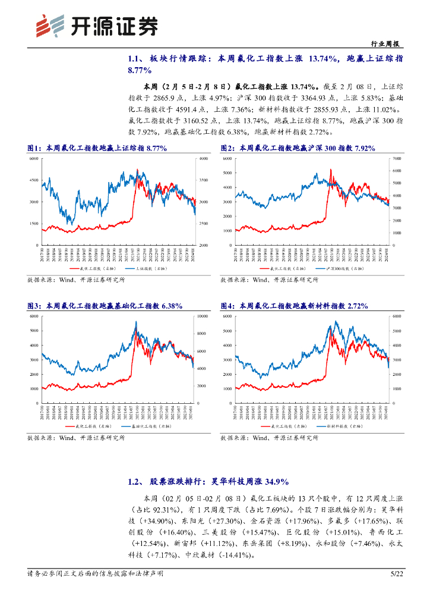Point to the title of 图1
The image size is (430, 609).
point(97,148)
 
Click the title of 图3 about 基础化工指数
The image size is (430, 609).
point(105,306)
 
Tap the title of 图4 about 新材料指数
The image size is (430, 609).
point(294,306)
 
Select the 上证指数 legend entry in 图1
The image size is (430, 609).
point(145,269)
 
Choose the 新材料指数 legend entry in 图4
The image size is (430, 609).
point(340,426)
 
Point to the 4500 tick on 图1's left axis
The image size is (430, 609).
point(34,180)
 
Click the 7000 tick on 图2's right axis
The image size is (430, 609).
point(396,159)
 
